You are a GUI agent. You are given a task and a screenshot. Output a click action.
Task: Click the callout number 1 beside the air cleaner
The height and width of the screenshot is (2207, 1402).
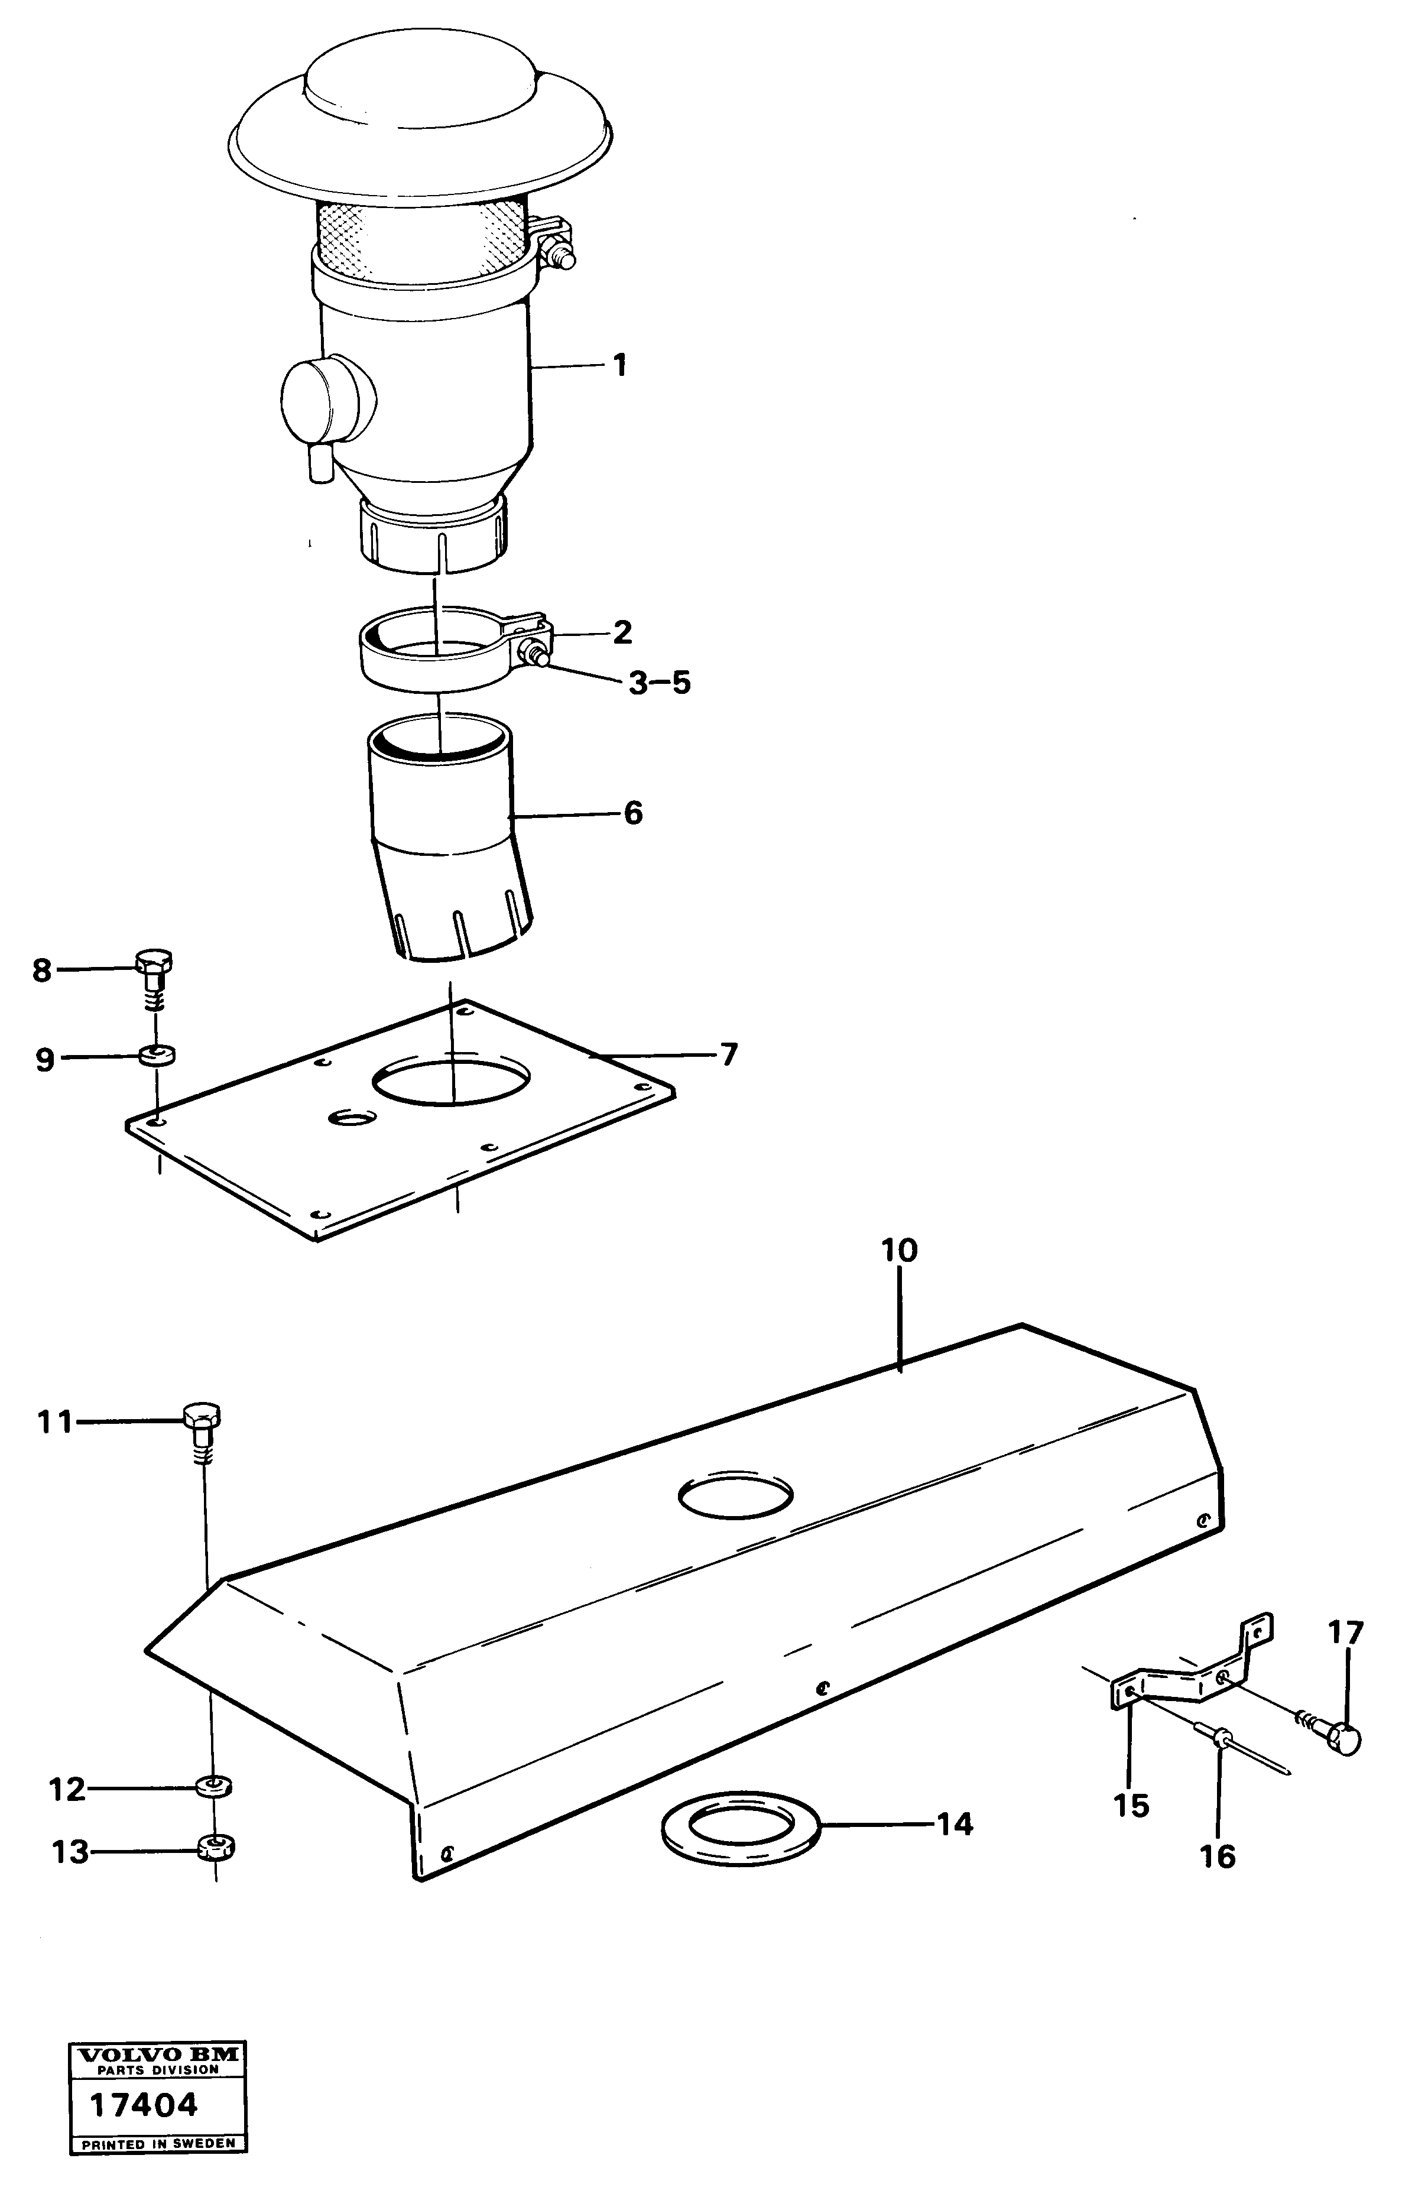[621, 366]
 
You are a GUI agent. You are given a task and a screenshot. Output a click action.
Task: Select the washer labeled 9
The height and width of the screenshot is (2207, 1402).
[158, 1056]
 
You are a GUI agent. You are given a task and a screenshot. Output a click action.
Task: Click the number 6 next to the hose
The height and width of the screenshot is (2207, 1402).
[633, 813]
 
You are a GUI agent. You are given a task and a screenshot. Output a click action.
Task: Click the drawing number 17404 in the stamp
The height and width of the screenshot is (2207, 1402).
[143, 2124]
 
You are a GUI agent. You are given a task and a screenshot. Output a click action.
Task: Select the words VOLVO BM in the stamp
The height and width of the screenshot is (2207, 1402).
[158, 2074]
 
